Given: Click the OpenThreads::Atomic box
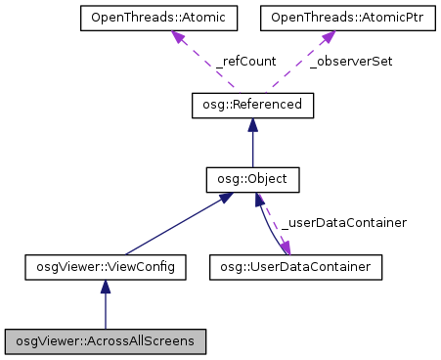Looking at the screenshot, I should coord(143,19).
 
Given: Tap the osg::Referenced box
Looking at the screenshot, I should coord(252,104).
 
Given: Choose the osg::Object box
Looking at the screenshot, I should coord(252,180).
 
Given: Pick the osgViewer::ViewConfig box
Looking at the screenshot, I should coord(106,265).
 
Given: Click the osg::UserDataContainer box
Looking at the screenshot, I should coord(296,265).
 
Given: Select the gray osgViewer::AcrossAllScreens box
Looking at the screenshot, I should coord(106,341).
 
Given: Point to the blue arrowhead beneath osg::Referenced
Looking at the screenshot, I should coord(252,124).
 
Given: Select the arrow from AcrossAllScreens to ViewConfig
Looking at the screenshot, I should coord(106,311).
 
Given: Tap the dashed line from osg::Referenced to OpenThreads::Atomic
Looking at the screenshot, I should coord(209,67).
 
